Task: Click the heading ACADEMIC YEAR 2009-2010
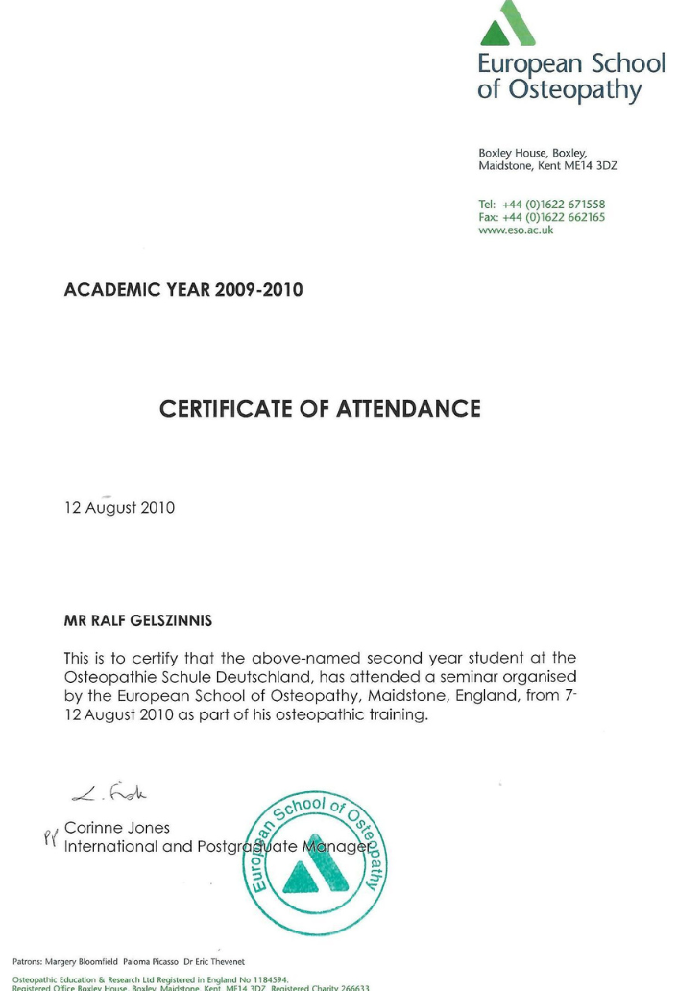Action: [x=182, y=289]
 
